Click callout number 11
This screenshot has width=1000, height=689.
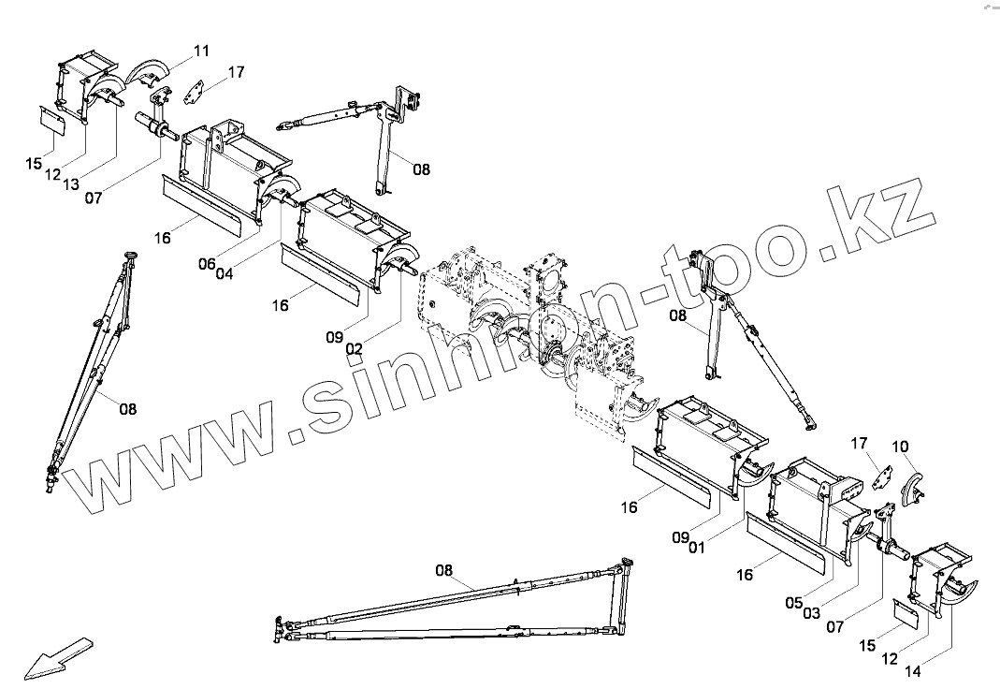pos(202,50)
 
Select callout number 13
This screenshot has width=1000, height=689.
pos(70,184)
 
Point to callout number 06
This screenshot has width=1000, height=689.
pos(207,263)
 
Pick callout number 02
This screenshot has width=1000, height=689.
pos(354,347)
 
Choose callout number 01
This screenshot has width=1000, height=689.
pos(697,548)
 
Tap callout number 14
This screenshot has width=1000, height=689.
pos(912,671)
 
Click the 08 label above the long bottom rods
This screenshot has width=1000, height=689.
pos(443,570)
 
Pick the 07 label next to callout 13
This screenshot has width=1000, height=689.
pos(94,197)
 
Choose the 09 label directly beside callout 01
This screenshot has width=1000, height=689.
pos(680,536)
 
